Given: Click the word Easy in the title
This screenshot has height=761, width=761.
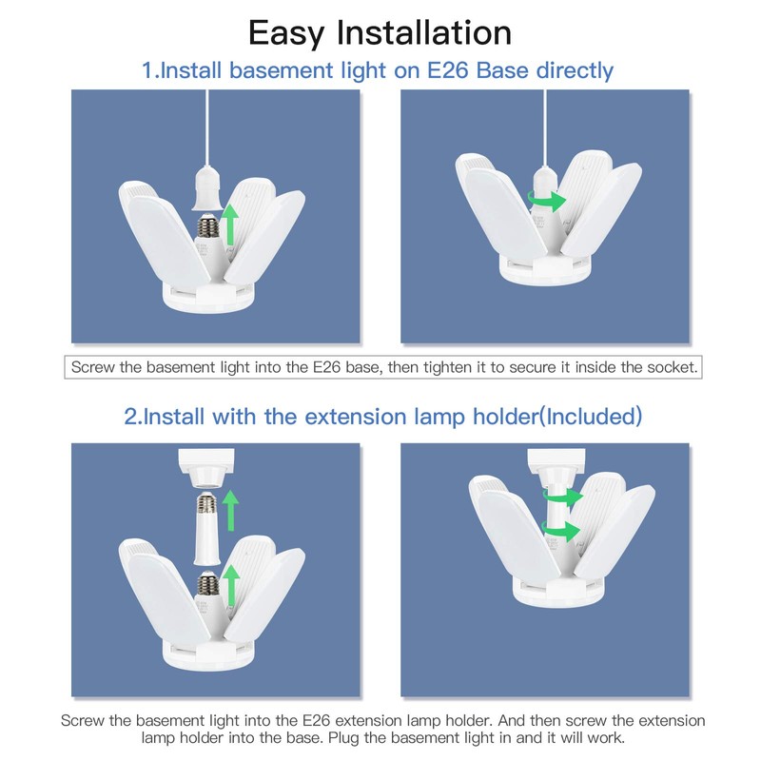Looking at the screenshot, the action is [286, 34].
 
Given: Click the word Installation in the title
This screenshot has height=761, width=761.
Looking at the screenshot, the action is [424, 32].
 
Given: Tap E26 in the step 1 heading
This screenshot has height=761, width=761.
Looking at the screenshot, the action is [447, 70].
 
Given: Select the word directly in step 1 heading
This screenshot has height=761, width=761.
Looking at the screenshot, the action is [575, 71].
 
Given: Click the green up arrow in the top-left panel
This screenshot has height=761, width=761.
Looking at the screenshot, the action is [231, 224].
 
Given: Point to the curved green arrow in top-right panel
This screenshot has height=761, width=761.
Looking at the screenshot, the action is [546, 199].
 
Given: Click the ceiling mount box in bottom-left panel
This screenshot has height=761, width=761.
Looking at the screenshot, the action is [206, 461].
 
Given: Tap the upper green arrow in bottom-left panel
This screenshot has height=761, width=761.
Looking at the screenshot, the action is [231, 511].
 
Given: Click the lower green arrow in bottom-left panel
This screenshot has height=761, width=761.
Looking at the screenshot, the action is [231, 585].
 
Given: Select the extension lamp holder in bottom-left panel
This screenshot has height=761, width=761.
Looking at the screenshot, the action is [206, 529].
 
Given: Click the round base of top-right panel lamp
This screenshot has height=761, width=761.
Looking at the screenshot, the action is [545, 272].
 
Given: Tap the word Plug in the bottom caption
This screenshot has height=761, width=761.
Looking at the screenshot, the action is [343, 738].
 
